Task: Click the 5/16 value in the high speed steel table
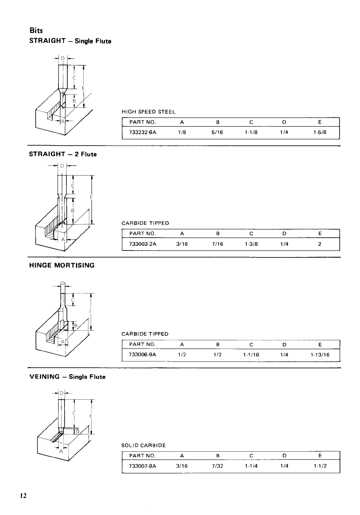[217, 133]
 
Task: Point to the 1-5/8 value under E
[321, 133]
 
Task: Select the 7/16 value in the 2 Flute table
[217, 244]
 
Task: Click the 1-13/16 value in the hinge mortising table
[321, 355]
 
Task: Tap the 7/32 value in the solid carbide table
[217, 467]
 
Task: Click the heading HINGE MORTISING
[61, 265]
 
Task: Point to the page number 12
[23, 495]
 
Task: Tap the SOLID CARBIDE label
[141, 445]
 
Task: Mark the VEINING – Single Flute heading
[67, 377]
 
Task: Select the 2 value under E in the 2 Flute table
[320, 244]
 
